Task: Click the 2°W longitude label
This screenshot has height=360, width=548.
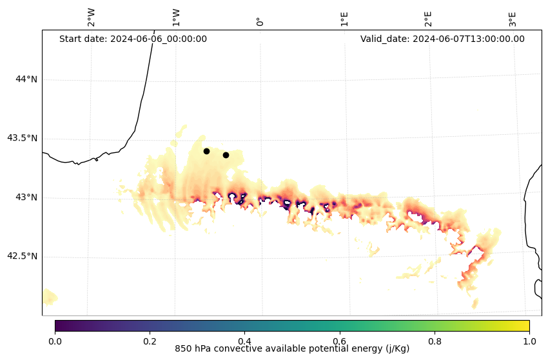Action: [x=92, y=17]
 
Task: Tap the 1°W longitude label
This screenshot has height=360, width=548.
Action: [x=176, y=17]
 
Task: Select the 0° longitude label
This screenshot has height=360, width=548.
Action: [x=260, y=21]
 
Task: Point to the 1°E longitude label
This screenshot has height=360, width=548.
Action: [x=344, y=19]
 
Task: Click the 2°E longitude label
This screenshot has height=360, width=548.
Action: [x=428, y=19]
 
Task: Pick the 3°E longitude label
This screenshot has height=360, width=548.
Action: [x=513, y=19]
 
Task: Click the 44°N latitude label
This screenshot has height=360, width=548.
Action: [x=26, y=79]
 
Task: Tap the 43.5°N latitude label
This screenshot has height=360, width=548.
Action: [x=22, y=138]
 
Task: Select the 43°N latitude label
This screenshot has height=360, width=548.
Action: [x=26, y=197]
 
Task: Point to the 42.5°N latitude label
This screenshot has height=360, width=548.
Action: [x=22, y=256]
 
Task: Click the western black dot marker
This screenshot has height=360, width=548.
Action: [x=206, y=151]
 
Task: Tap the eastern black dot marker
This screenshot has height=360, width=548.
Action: [x=226, y=155]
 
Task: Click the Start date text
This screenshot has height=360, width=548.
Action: [x=133, y=39]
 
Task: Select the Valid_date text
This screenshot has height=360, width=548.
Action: [x=442, y=39]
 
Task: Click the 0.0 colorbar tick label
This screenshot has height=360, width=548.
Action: [x=55, y=341]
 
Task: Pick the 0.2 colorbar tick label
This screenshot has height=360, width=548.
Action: [x=150, y=341]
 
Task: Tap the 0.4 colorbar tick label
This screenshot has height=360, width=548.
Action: [x=244, y=341]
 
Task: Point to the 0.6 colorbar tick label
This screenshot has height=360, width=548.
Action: [x=339, y=341]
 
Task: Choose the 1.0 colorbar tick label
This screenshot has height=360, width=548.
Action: [x=529, y=341]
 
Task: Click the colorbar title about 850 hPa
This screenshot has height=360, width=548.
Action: [x=292, y=349]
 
